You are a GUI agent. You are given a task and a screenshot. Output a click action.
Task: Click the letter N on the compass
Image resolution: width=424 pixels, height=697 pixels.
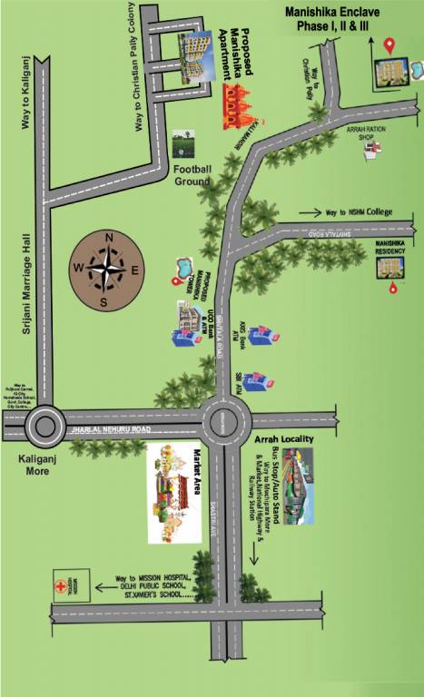pyautogui.click(x=109, y=238)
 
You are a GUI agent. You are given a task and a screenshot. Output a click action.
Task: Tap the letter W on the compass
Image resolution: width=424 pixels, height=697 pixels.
pyautogui.click(x=78, y=268)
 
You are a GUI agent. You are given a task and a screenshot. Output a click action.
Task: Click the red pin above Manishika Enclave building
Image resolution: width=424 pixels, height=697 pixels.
pyautogui.click(x=390, y=44)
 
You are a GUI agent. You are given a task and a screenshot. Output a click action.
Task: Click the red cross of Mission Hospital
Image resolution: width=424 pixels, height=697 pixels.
pyautogui.click(x=62, y=586)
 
